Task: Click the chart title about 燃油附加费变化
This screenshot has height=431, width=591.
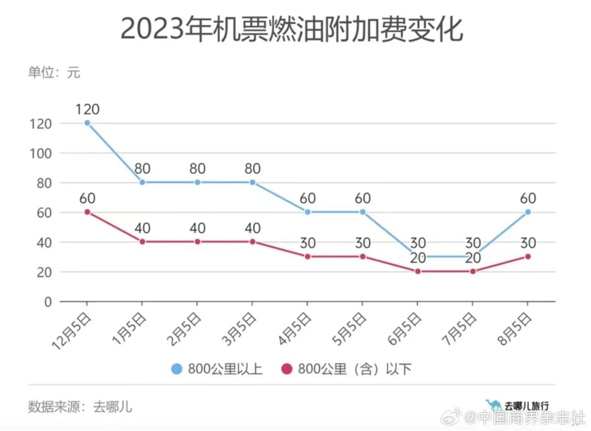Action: pos(291,30)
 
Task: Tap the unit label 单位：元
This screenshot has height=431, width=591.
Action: pos(54,72)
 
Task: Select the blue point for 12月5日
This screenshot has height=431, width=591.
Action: pos(87,123)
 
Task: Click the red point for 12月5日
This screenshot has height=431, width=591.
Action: pos(87,212)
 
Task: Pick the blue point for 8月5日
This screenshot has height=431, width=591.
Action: pos(528,212)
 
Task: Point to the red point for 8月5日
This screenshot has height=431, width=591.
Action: pos(528,256)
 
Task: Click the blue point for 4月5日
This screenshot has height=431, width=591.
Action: pos(308,212)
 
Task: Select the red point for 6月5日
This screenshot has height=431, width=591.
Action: pos(417,272)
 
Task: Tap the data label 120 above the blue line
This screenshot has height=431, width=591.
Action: pos(87,109)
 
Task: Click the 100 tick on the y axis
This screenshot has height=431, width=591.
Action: pos(41,153)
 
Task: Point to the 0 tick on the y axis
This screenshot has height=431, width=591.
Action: pos(48,302)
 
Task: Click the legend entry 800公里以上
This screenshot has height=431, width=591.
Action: pos(217,369)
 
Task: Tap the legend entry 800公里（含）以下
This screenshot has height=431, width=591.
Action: pos(346,369)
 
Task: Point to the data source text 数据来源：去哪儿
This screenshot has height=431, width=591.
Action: pos(80,407)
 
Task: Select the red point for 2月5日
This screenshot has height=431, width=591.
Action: pos(197,242)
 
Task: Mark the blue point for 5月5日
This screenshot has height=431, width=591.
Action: pos(362,212)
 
